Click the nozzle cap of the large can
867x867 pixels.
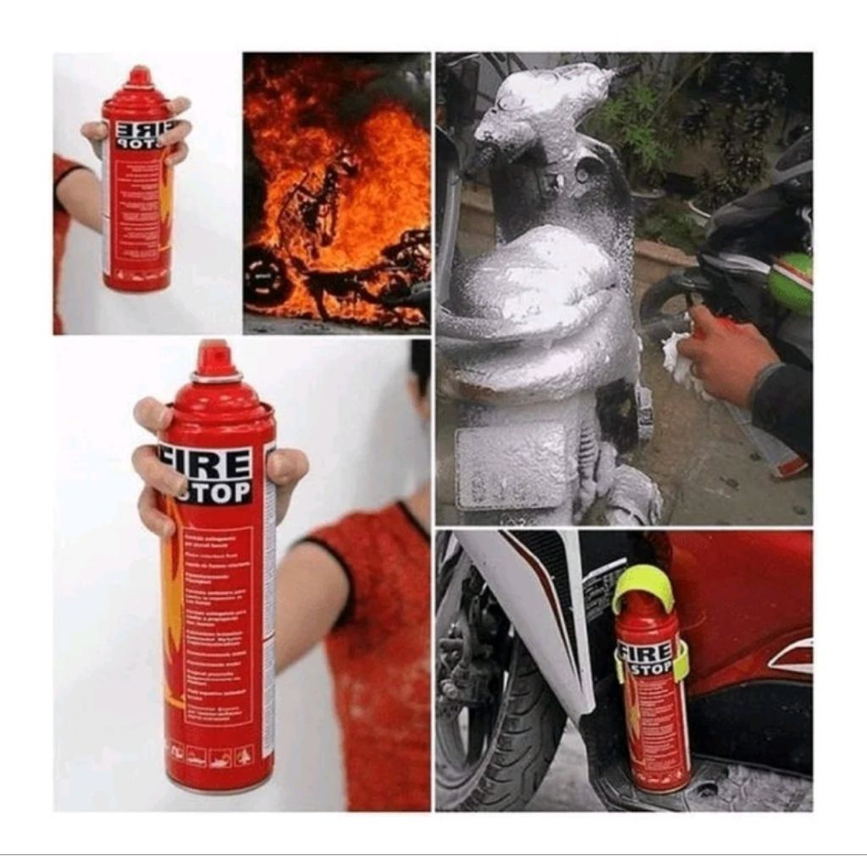[x=213, y=359]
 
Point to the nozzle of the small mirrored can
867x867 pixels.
[x=140, y=77]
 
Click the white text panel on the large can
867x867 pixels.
[x=218, y=627]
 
